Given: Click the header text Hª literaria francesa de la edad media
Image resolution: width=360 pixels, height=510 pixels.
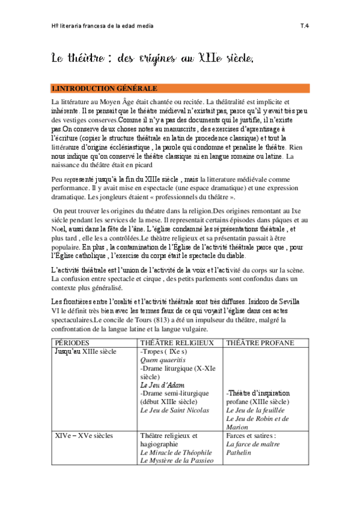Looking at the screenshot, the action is (102, 26).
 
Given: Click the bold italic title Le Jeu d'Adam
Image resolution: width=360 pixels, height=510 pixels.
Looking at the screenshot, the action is (162, 384).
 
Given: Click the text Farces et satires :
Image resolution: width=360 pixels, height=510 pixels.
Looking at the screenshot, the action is (251, 435).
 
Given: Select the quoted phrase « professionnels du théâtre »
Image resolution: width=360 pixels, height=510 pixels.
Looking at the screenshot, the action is (191, 214).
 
